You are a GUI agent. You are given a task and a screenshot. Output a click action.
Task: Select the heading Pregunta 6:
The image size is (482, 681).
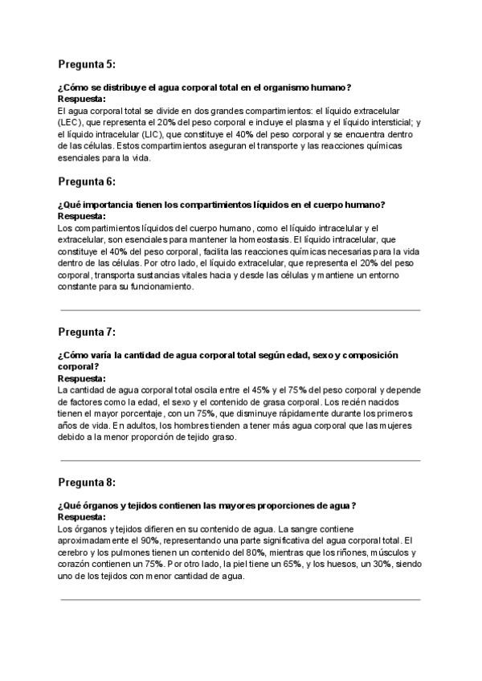pyautogui.click(x=87, y=181)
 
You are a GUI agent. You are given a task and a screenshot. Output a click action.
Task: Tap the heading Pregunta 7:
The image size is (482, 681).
pyautogui.click(x=87, y=332)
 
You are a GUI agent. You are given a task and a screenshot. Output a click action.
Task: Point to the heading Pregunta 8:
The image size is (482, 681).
pyautogui.click(x=87, y=482)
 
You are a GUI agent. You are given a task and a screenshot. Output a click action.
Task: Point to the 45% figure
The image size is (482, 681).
pyautogui.click(x=260, y=390)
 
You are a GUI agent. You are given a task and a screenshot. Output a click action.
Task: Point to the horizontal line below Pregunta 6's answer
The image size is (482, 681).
pyautogui.click(x=240, y=310)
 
